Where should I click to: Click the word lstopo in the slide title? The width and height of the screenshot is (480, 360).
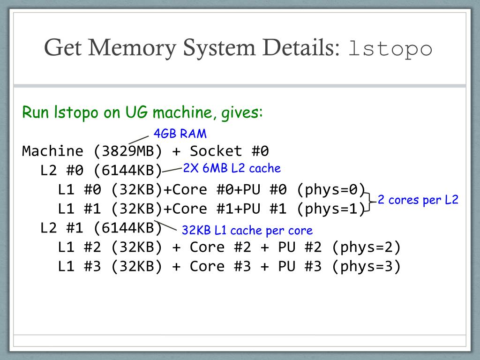tap(390, 49)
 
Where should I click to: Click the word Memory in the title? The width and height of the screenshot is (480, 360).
tap(132, 48)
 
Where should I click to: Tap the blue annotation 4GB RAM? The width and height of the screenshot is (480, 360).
tap(180, 134)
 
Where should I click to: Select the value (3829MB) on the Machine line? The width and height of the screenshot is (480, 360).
tap(127, 151)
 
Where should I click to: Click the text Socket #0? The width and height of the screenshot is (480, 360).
tap(229, 151)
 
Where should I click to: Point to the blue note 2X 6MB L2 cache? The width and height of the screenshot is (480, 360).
tap(232, 168)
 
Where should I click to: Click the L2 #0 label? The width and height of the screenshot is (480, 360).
tap(62, 170)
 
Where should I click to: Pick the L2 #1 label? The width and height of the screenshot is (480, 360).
tap(62, 228)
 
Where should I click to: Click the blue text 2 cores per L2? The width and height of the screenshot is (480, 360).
tap(418, 200)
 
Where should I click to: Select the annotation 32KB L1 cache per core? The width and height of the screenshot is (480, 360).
tap(247, 230)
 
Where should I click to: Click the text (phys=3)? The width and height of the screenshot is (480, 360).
tap(366, 266)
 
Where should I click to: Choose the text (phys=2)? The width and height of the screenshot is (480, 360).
tap(366, 247)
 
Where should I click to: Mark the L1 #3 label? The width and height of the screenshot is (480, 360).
tap(79, 266)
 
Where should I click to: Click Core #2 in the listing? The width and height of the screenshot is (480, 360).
tap(220, 247)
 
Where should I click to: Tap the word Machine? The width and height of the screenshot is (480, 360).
tap(52, 151)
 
